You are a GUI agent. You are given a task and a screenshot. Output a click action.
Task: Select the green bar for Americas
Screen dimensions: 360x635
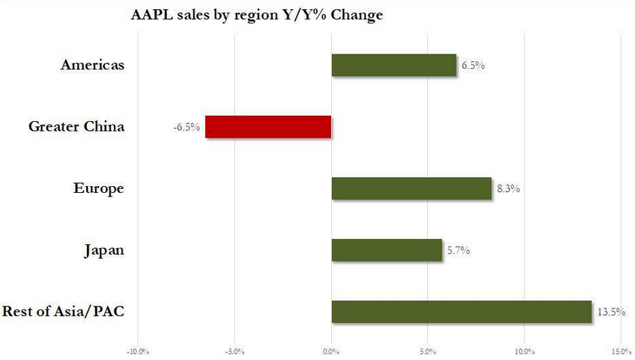coord(394,66)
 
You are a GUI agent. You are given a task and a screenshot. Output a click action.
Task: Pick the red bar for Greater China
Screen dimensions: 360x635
coord(268,127)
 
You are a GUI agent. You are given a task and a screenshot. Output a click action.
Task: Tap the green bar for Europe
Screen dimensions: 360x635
coord(411,188)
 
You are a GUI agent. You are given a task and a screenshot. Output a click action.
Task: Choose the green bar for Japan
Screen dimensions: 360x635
coord(386,250)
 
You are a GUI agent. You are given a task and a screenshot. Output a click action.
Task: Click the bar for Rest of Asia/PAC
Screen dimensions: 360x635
coord(461,312)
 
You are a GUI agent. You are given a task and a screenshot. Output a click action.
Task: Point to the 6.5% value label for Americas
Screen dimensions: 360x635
coord(472,66)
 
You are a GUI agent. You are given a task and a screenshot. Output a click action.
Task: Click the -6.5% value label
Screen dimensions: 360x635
coord(187,127)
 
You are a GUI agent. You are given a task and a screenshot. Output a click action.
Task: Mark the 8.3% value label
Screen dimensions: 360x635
coord(507,188)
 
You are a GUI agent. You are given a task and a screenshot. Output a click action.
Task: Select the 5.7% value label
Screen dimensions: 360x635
coord(457,250)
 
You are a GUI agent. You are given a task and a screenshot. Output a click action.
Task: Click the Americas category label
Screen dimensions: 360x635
coord(92,66)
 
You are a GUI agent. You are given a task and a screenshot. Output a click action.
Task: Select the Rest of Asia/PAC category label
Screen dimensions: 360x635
coord(63,312)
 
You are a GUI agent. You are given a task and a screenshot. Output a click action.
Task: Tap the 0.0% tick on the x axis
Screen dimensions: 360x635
coord(331,352)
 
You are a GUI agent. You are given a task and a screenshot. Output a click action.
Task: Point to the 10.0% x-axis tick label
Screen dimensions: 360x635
coord(524,352)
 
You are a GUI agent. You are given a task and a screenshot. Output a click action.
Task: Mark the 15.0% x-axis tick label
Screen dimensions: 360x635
coord(620,352)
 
